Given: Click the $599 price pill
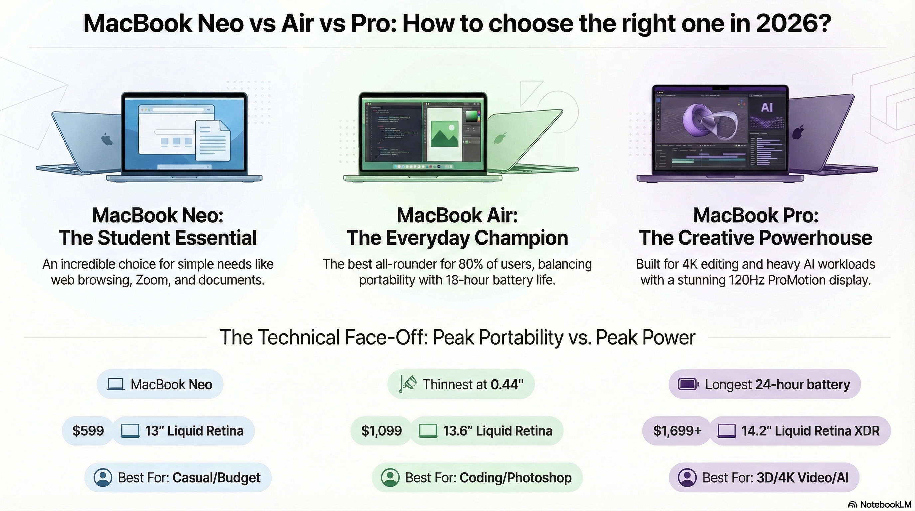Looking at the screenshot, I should (x=88, y=431).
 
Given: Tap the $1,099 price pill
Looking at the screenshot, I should (x=381, y=431).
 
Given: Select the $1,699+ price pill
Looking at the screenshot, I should (x=677, y=431).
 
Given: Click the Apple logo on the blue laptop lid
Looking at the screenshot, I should (x=106, y=139).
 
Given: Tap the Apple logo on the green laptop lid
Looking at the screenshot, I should (x=500, y=138).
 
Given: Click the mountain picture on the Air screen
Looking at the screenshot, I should (x=444, y=134).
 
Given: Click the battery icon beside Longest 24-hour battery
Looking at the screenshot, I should (x=688, y=384).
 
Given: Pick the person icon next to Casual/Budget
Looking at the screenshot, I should (x=103, y=478).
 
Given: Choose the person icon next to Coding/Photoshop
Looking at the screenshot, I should (x=390, y=478).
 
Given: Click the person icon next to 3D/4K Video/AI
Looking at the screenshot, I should (x=687, y=478).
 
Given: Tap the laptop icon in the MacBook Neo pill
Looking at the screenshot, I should (x=116, y=384).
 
